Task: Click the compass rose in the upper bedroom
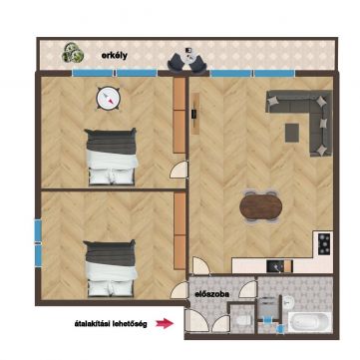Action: tap(108, 98)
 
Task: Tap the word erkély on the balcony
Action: tap(114, 56)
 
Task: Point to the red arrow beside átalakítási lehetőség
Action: tap(165, 323)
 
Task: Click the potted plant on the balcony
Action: tap(73, 53)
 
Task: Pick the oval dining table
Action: tap(261, 206)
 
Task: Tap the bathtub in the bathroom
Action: tap(309, 322)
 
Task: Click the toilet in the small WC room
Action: tap(243, 320)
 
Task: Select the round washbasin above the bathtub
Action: tap(289, 301)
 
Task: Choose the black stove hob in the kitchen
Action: tap(324, 244)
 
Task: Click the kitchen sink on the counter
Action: tap(275, 266)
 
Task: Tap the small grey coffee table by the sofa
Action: tap(292, 133)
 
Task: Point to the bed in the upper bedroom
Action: tap(112, 157)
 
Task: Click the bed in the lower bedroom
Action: tap(111, 268)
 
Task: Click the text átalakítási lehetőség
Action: tap(112, 324)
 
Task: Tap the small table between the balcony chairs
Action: tap(189, 52)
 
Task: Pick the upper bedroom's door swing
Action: tap(179, 169)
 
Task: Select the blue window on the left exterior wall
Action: tap(39, 243)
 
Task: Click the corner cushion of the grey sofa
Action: tap(321, 101)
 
